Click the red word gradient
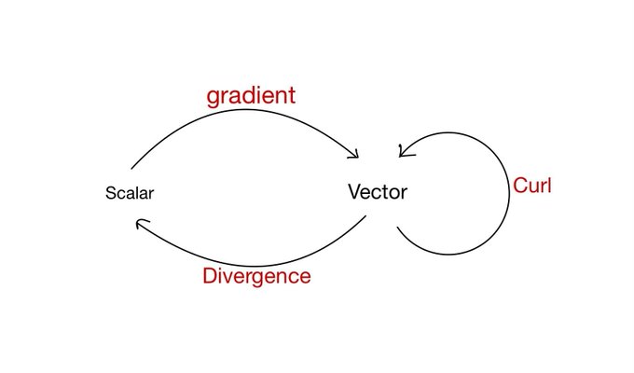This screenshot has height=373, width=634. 251,97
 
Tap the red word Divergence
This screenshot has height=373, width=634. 256,277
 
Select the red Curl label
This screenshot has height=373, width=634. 532,186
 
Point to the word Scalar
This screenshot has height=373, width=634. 130,193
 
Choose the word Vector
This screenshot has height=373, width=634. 378,192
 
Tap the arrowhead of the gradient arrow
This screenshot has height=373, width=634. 356,156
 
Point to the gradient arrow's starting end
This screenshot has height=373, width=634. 131,169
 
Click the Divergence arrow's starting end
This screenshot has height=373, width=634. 365,215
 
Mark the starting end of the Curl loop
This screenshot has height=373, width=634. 397,227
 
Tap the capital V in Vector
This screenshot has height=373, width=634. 355,191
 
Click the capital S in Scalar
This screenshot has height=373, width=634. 110,193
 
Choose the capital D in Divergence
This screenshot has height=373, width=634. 211,275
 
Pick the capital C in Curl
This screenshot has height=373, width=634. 520,186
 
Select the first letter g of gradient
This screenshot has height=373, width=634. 213,99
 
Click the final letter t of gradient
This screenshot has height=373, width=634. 292,96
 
